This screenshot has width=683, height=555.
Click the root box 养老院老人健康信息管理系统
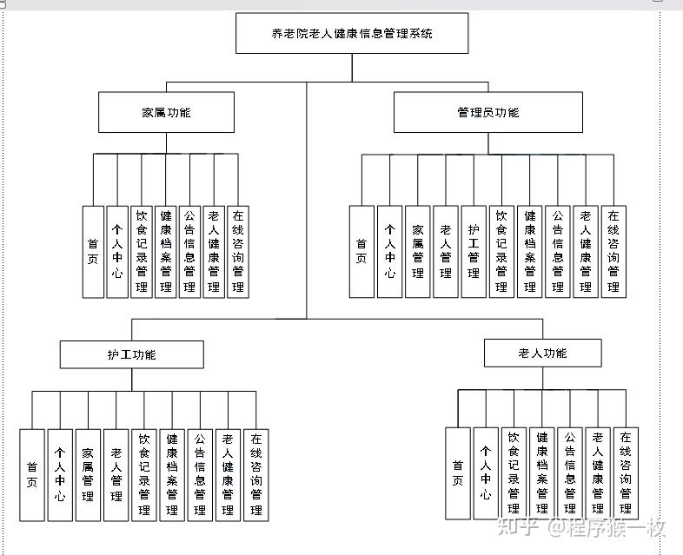(352, 34)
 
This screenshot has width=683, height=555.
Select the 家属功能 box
(166, 112)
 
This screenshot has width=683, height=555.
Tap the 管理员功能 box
(487, 112)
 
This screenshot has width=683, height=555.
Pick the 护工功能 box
(131, 354)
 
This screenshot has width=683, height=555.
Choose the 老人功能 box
(542, 353)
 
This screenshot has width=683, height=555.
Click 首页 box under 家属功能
(93, 252)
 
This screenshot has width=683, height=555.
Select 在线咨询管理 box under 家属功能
(238, 252)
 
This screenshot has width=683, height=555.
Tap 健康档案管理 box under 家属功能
(166, 252)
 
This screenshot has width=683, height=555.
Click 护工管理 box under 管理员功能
(474, 252)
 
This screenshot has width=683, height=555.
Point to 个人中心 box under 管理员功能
(390, 252)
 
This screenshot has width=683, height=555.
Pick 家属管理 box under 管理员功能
(418, 252)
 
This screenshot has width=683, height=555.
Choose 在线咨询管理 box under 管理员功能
(613, 252)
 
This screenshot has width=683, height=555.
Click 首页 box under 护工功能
(32, 475)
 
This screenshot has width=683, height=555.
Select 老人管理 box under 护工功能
(116, 475)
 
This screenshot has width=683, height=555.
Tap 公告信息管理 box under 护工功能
(200, 475)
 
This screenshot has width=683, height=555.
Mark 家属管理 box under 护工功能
(88, 475)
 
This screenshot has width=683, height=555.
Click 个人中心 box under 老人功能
(486, 473)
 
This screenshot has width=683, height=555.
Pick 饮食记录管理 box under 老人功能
(514, 473)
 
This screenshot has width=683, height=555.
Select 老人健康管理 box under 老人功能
(598, 473)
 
